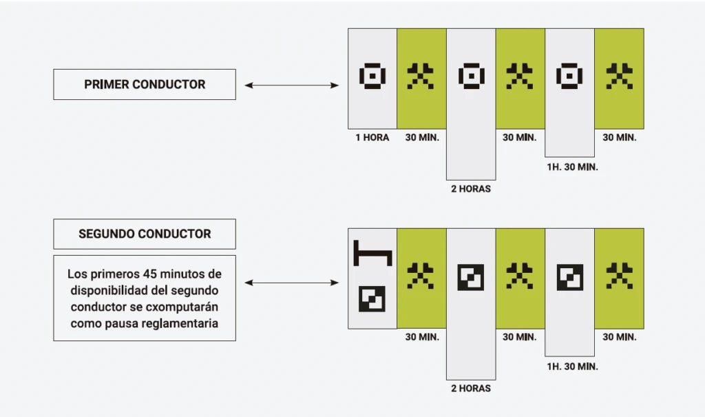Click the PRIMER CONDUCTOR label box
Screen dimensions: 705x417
click(x=145, y=84)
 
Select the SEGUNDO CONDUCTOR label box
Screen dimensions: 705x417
click(x=145, y=234)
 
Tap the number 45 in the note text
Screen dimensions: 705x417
click(x=150, y=274)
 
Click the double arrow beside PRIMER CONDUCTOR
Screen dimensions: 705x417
click(x=292, y=85)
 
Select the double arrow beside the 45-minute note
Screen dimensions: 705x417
click(x=292, y=283)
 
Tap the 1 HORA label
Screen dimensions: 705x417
click(x=372, y=137)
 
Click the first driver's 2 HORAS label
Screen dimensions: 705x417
click(x=471, y=189)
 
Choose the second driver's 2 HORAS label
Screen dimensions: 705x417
click(x=471, y=388)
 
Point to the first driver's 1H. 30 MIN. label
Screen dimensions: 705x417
click(x=572, y=167)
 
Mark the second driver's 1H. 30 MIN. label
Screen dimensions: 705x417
click(x=572, y=367)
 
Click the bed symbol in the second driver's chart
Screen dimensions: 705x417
click(x=372, y=253)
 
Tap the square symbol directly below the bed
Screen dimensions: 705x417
click(x=372, y=299)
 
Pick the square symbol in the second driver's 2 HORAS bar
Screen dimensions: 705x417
click(x=471, y=277)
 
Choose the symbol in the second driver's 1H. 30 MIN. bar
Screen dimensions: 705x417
click(x=570, y=277)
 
